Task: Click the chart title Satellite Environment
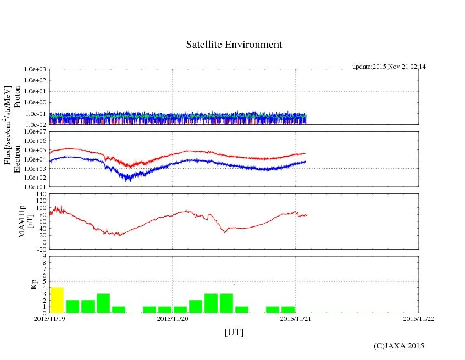[x=234, y=45]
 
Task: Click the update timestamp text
[x=389, y=67]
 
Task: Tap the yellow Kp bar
[x=57, y=300]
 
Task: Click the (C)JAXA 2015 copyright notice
[x=398, y=346]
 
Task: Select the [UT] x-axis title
[x=234, y=332]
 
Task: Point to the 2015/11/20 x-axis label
[x=173, y=319]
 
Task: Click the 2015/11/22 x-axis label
[x=419, y=319]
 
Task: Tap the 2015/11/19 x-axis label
[x=49, y=319]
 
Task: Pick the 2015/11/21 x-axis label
[x=296, y=319]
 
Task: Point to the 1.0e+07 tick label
[x=35, y=132]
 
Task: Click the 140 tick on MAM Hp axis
[x=40, y=194]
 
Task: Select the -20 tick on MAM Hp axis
[x=40, y=249]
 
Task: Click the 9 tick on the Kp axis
[x=44, y=256]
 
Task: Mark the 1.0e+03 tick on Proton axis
[x=35, y=70]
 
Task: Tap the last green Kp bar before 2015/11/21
[x=287, y=309]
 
